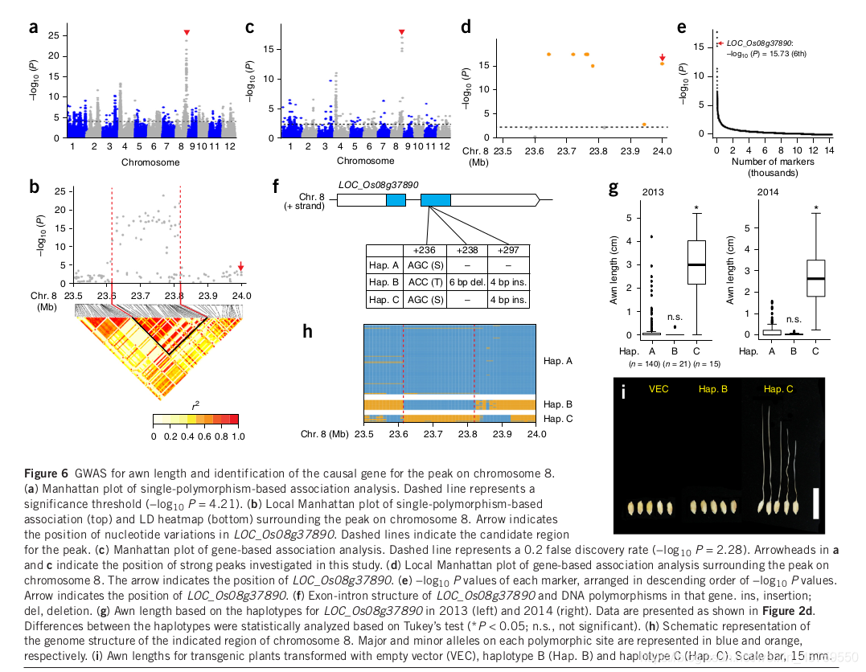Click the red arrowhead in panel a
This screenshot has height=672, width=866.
click(187, 32)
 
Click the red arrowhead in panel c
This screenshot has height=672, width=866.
click(402, 32)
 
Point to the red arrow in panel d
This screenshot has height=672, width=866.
click(662, 57)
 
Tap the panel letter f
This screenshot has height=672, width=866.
click(276, 188)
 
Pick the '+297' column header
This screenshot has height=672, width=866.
click(508, 250)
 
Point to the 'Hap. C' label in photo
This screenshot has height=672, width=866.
click(778, 390)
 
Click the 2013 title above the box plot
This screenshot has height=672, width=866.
click(653, 191)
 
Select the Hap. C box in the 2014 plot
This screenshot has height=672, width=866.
click(815, 279)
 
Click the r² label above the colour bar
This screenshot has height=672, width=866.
click(195, 406)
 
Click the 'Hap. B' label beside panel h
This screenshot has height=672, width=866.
click(557, 404)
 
